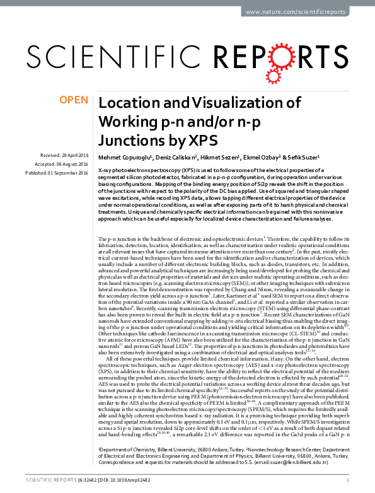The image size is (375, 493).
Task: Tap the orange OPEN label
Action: [73, 100]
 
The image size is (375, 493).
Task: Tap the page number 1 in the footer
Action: [348, 482]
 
